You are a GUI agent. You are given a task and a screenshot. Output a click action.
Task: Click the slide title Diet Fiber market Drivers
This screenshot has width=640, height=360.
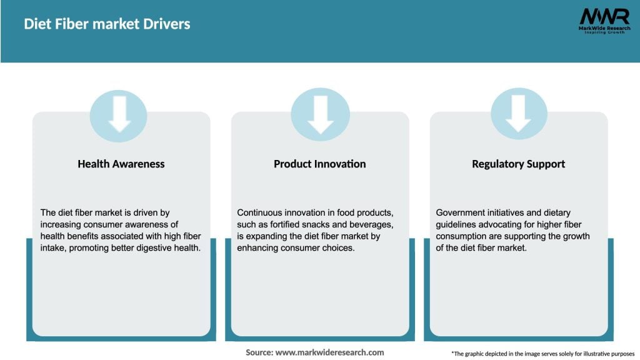107,24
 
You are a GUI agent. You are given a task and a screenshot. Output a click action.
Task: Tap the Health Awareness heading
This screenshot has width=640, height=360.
121,164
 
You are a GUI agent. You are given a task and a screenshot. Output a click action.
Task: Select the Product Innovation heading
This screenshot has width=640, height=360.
319,164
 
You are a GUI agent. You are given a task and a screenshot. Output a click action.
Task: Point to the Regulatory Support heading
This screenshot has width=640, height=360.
518,164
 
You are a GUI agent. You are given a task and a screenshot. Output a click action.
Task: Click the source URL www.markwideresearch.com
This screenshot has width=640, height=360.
329,352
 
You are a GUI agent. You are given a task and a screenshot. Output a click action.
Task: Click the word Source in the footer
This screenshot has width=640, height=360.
259,352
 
